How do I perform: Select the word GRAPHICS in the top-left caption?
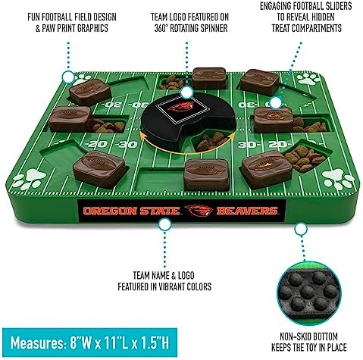pos(92,28)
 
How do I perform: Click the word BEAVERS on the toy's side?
pos(247,211)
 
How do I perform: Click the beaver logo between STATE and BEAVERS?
pos(199,210)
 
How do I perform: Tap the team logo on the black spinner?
pos(180,107)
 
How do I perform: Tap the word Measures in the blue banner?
pos(36,343)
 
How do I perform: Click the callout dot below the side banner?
pos(164,224)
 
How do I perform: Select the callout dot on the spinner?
pos(187,92)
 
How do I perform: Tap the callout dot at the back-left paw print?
pos(67,77)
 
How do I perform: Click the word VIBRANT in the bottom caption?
pos(171,286)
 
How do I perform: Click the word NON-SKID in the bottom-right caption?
pos(294,337)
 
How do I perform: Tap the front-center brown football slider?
pos(206,174)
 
